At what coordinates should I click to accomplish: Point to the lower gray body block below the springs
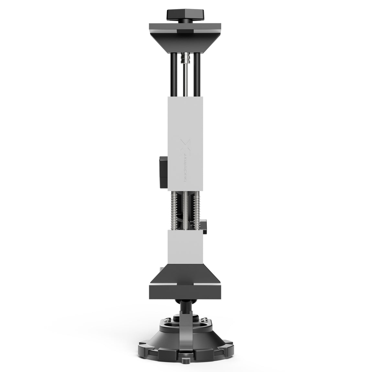coord(185,246)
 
